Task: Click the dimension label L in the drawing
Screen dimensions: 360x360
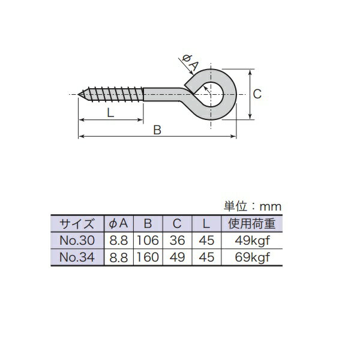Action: coord(110,113)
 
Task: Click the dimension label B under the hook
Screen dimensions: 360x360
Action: coord(157,130)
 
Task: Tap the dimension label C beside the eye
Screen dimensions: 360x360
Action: coord(257,94)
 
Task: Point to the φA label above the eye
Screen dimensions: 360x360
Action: coord(190,62)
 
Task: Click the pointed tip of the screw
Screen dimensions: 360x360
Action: coord(78,94)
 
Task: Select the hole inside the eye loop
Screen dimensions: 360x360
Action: coord(211,94)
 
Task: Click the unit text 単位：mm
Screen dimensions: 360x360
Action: coord(253,206)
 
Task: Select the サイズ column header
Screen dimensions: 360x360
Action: coord(77,224)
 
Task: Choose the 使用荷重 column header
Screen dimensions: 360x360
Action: coord(252,224)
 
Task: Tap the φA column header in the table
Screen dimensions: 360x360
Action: coord(118,223)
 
